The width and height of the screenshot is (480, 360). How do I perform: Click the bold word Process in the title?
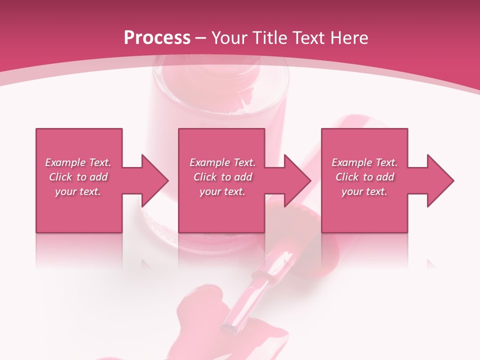(157, 38)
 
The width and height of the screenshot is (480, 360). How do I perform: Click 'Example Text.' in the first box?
(78, 162)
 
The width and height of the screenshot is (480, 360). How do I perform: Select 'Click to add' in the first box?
(78, 177)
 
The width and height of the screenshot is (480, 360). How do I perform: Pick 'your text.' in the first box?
(78, 191)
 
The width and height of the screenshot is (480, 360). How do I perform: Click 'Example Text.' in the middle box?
(222, 162)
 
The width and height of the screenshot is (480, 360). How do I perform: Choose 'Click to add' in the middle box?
(222, 177)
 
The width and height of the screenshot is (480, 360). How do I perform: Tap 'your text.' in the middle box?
(222, 191)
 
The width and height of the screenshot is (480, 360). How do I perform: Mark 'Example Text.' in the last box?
(364, 162)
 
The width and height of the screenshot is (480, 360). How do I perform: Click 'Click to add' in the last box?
(364, 177)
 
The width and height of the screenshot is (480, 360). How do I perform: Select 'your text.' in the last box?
(364, 191)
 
